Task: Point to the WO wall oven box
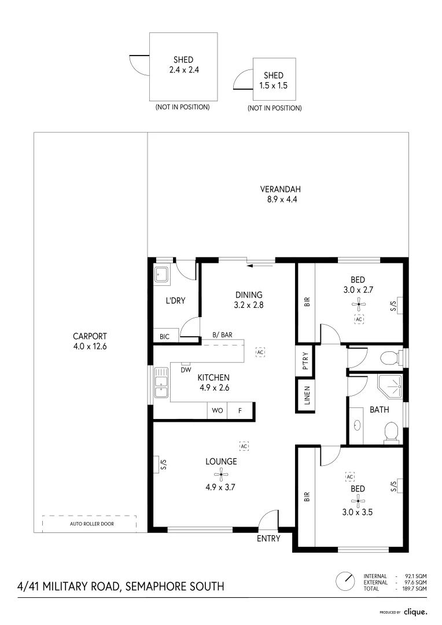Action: pyautogui.click(x=218, y=410)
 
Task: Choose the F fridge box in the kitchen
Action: pyautogui.click(x=238, y=410)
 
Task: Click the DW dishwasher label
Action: pyautogui.click(x=185, y=370)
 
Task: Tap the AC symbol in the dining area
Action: pyautogui.click(x=260, y=352)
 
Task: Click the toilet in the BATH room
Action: pyautogui.click(x=391, y=432)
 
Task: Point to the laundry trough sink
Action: pyautogui.click(x=162, y=274)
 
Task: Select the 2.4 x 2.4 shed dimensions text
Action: pyautogui.click(x=183, y=69)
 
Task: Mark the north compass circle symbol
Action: pyautogui.click(x=345, y=580)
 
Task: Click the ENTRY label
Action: pyautogui.click(x=268, y=538)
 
